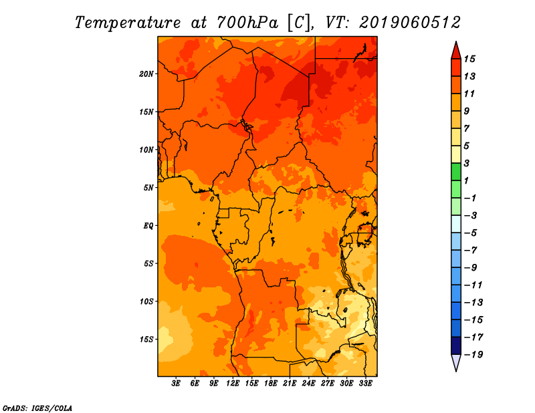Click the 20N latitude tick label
pyautogui.click(x=146, y=74)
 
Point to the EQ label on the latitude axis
pyautogui.click(x=148, y=226)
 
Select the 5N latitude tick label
pyautogui.click(x=148, y=188)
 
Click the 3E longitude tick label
pyautogui.click(x=176, y=384)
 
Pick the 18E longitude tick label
pyautogui.click(x=271, y=384)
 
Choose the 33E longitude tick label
pyautogui.click(x=365, y=384)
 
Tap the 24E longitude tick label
pyautogui.click(x=308, y=384)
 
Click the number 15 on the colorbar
pyautogui.click(x=469, y=59)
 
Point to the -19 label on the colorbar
pyautogui.click(x=473, y=355)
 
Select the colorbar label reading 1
pyautogui.click(x=466, y=180)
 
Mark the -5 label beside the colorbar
pyautogui.click(x=471, y=233)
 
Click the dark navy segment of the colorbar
pyautogui.click(x=456, y=346)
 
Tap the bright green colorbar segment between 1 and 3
pyautogui.click(x=456, y=172)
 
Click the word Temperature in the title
pyautogui.click(x=128, y=23)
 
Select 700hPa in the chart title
pyautogui.click(x=247, y=23)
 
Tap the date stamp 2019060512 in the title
pyautogui.click(x=410, y=23)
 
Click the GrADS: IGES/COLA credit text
pyautogui.click(x=37, y=408)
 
